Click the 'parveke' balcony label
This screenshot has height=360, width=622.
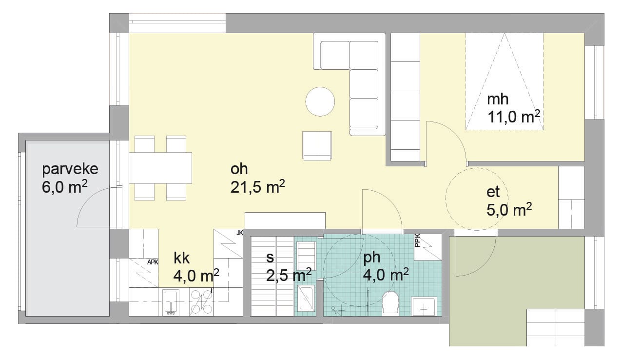click(x=70, y=169)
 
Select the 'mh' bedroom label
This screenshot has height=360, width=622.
click(x=498, y=99)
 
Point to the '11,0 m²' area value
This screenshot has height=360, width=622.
click(x=514, y=117)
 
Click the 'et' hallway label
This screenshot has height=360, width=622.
click(x=493, y=192)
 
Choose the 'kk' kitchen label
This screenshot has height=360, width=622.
click(x=182, y=258)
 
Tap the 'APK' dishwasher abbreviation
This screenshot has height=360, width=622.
click(x=153, y=262)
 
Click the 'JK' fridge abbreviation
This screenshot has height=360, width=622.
click(x=239, y=233)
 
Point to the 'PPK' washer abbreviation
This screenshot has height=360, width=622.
click(x=417, y=240)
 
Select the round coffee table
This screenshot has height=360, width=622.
click(x=320, y=101)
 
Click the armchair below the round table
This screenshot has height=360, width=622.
click(x=317, y=146)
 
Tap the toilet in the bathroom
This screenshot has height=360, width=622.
click(x=390, y=303)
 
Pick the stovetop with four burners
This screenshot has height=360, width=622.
click(x=201, y=302)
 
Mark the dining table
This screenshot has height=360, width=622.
click(x=160, y=168)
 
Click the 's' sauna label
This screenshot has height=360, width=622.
click(x=270, y=258)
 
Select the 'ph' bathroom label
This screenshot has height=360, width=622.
click(x=371, y=259)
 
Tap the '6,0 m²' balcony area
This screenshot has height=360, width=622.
click(x=64, y=187)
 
